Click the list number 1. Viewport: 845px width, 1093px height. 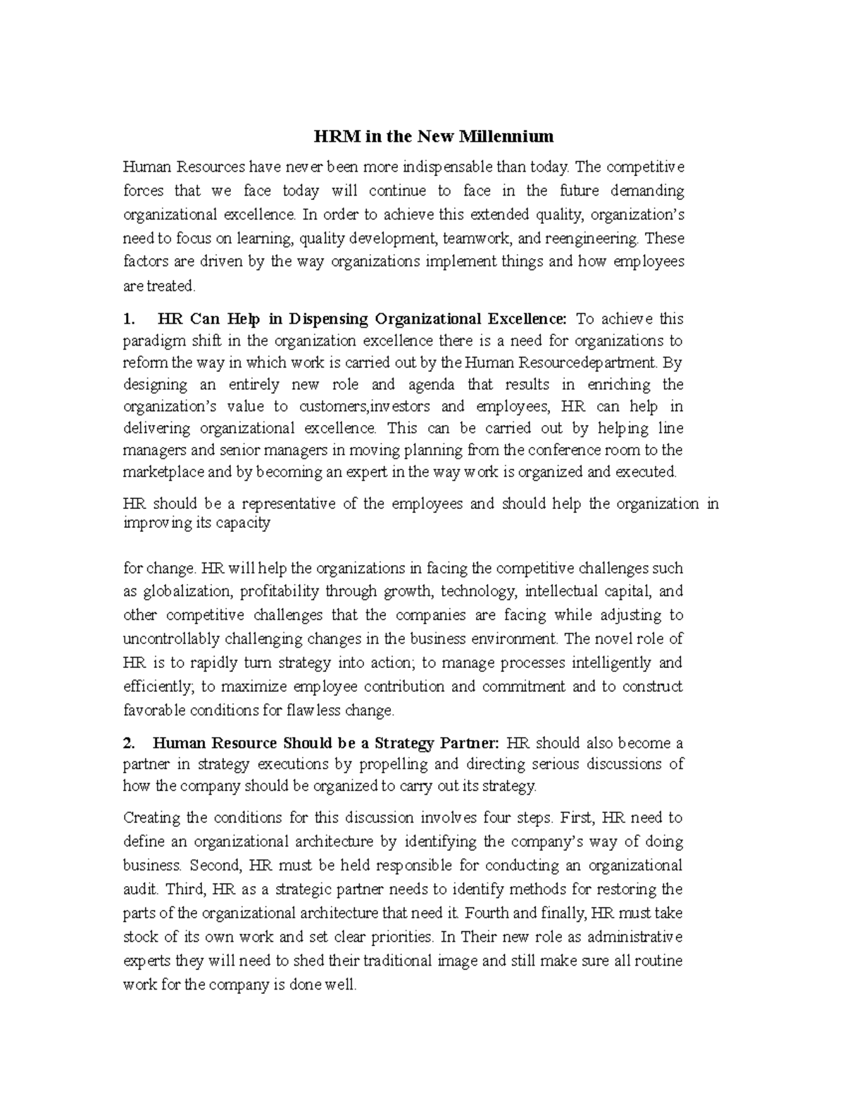[127, 319]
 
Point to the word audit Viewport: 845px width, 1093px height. [137, 889]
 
